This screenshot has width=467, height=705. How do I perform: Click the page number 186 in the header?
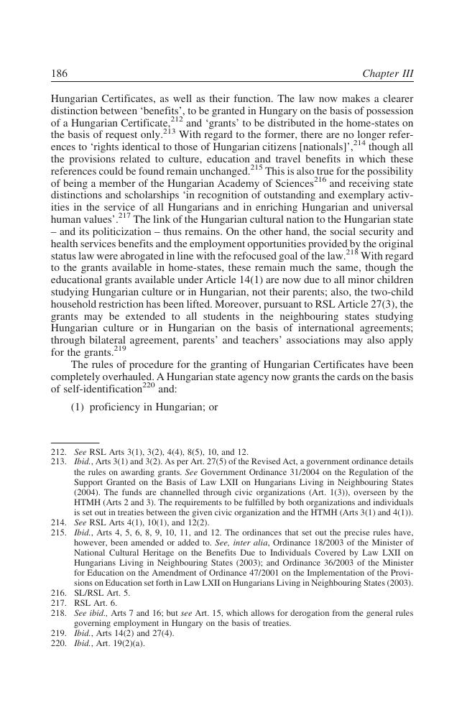(x=59, y=74)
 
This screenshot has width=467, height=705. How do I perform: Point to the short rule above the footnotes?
(x=75, y=443)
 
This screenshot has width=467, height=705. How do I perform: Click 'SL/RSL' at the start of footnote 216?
(x=88, y=593)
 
